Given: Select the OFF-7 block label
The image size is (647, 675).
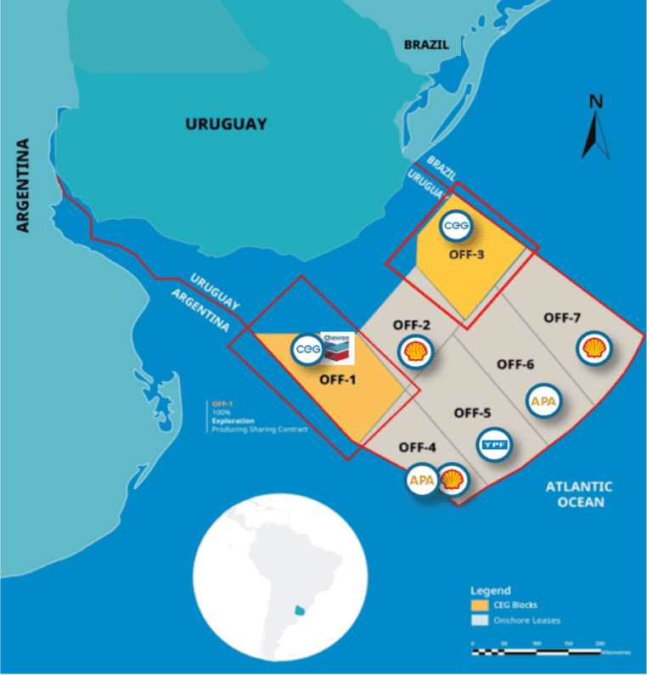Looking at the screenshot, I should [x=561, y=318].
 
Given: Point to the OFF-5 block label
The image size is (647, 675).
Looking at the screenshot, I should [x=472, y=413].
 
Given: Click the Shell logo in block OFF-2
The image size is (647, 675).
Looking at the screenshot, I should [x=414, y=352].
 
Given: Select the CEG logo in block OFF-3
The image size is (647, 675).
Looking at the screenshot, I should [x=457, y=227].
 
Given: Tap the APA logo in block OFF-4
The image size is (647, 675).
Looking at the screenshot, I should [x=422, y=480].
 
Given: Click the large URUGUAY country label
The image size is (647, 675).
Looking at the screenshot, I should [x=226, y=124].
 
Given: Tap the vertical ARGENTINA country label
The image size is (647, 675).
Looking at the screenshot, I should [x=23, y=185].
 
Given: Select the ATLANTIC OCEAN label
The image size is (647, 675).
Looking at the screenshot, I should [x=579, y=494].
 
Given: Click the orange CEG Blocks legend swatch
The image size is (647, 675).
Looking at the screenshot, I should [x=481, y=605].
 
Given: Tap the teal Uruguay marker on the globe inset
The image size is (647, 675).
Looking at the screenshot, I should [x=298, y=610].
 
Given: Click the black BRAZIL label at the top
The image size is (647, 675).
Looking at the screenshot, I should [x=425, y=44].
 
